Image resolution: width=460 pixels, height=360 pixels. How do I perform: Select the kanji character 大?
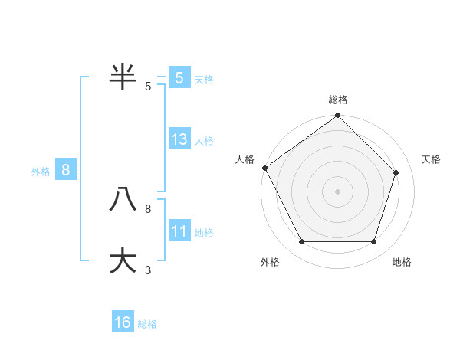point(123,260)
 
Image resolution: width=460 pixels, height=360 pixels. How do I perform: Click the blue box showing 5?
point(179,78)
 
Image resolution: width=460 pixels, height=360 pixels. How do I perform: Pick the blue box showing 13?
point(179,139)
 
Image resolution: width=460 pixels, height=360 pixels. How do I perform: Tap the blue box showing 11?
point(179,231)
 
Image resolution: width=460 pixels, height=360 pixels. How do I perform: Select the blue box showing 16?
point(123,322)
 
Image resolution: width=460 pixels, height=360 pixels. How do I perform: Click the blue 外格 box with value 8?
point(66,170)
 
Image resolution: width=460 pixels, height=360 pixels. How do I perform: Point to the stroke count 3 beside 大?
point(148,270)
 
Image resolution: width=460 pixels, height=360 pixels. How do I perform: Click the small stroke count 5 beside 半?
point(148,86)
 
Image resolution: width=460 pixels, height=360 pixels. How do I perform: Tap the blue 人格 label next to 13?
point(204,141)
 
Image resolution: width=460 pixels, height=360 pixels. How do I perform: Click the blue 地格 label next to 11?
point(204,233)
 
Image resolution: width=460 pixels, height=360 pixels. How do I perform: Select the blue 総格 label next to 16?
point(147,324)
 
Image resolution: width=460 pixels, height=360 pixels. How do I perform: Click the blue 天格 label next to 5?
point(204,80)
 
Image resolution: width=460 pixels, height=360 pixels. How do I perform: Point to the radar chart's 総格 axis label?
point(338,100)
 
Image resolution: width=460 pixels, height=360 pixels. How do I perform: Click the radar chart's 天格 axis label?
point(431,159)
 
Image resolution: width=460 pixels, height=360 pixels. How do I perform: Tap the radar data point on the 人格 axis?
point(264,168)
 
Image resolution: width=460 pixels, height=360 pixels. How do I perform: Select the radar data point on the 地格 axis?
point(373,241)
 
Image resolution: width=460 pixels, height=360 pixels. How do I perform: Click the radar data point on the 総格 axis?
point(337,116)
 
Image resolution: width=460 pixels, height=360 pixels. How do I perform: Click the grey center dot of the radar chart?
point(337,191)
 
